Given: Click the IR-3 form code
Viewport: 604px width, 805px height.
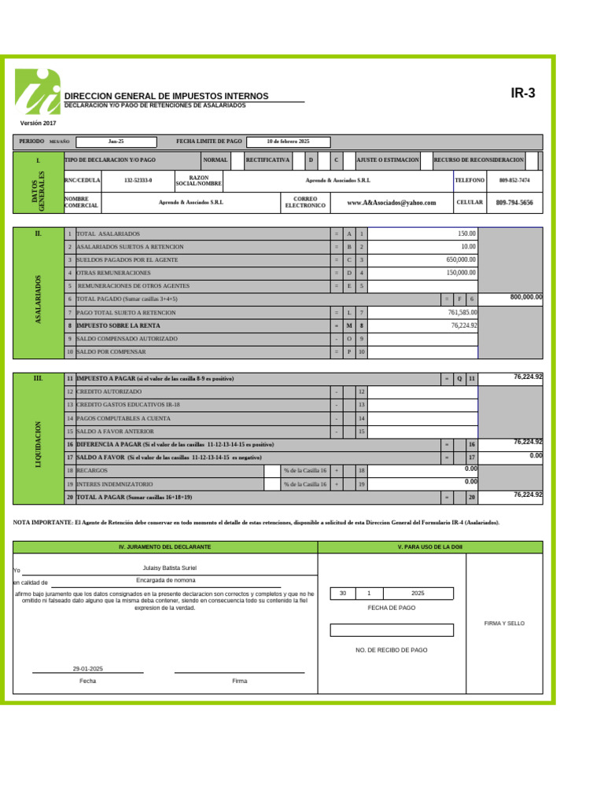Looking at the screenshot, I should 523,94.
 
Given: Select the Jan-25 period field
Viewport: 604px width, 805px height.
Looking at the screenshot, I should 116,142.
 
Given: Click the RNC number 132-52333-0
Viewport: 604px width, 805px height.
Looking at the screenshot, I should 138,180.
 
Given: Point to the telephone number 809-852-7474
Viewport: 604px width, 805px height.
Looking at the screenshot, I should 514,180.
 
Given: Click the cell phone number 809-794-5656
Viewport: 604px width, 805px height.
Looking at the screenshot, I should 514,203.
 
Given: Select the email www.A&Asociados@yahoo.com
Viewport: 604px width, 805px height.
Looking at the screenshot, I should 391,203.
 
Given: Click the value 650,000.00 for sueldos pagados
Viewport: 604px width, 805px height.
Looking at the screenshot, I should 461,259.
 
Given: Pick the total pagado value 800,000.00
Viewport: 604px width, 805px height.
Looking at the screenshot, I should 526,297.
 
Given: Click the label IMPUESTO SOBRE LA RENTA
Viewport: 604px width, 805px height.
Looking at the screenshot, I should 118,325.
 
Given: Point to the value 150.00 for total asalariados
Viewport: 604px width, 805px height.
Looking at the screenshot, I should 466,233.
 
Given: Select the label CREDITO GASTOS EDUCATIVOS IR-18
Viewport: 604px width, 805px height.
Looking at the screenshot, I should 128,405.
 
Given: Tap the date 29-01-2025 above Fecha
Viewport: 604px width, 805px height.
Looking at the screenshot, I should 87,668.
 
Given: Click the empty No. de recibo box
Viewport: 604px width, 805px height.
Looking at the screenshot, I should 392,630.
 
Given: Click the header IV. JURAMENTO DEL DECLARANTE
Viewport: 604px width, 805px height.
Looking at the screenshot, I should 164,546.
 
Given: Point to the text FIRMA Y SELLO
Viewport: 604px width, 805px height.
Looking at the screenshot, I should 504,623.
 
